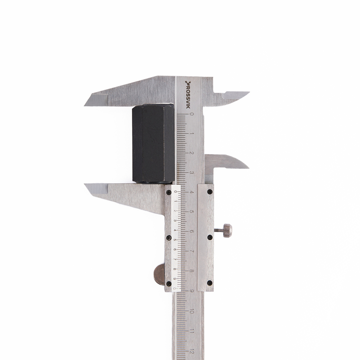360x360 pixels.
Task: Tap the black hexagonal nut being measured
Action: [x=153, y=144]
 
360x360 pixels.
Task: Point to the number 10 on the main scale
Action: [x=192, y=311]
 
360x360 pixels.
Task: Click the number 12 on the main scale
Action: [x=192, y=351]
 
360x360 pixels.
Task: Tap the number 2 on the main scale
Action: [x=192, y=153]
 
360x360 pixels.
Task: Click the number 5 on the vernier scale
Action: [x=175, y=240]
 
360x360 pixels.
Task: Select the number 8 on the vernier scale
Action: [x=175, y=269]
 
